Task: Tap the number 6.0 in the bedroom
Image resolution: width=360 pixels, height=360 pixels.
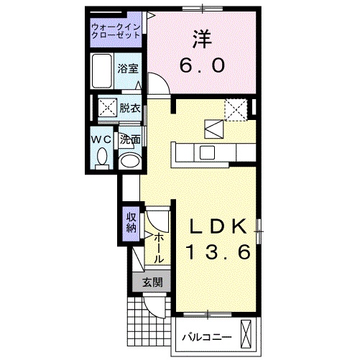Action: [202, 64]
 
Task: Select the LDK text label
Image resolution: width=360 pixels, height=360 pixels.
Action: [218, 227]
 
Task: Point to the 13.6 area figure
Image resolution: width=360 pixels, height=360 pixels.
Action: [218, 253]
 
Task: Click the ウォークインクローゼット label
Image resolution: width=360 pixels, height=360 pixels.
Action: [116, 32]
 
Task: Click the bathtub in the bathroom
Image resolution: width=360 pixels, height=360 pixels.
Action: [103, 70]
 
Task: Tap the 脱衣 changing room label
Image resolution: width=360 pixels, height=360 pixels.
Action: [130, 109]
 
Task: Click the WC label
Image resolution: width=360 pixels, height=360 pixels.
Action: [100, 138]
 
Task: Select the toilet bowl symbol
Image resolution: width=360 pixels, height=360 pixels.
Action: [101, 156]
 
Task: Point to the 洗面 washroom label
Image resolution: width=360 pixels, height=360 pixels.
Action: [130, 139]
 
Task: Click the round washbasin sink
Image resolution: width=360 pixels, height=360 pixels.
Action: [129, 161]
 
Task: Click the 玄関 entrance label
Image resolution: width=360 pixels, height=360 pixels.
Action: [151, 282]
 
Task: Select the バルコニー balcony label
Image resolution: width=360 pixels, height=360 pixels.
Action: [206, 336]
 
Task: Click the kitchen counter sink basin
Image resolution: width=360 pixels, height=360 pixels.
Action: [207, 152]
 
